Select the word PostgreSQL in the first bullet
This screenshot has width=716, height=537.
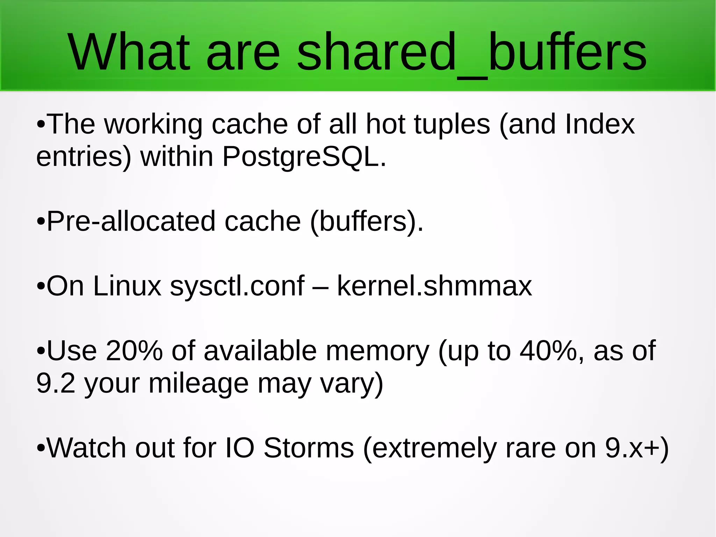coord(304,157)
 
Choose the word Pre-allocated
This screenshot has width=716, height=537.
coord(131,221)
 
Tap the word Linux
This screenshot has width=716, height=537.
coord(127,286)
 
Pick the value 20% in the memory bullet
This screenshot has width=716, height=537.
coord(134,351)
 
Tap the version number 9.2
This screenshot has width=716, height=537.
coord(56,383)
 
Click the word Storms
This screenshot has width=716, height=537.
coord(309,448)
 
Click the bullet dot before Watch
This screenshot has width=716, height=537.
coord(41,448)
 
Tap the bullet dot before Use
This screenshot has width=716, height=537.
coord(41,351)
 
